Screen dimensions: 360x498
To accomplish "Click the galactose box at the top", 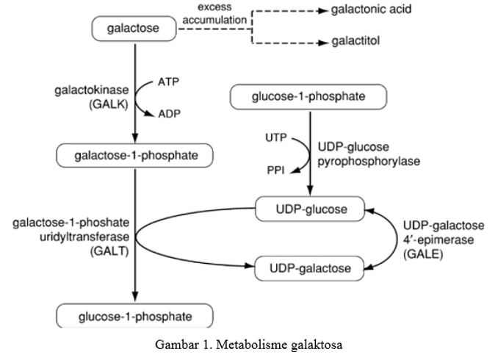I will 134,30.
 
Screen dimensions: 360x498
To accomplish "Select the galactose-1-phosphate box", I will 134,155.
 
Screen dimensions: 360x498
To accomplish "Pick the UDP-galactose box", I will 309,267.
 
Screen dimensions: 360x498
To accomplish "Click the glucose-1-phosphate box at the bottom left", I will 135,317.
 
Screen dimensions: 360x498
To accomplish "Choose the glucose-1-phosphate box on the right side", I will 309,96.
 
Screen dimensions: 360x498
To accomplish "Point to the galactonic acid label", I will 371,10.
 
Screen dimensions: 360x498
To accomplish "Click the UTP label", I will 276,137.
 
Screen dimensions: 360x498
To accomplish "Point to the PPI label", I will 276,170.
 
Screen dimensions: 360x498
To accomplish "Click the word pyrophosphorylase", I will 369,161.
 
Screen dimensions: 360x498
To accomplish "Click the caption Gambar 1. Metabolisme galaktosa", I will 249,345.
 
